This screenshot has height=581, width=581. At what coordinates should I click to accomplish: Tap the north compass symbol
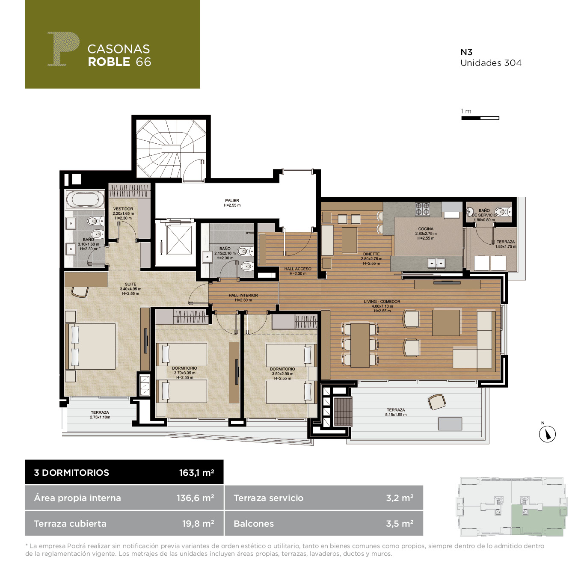[x=547, y=434]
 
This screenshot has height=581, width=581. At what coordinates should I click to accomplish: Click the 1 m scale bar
[x=480, y=118]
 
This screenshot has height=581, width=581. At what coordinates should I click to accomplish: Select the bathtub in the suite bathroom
[x=85, y=199]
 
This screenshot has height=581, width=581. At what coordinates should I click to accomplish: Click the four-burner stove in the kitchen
[x=422, y=209]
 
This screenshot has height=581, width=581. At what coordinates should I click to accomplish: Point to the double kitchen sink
[x=436, y=263]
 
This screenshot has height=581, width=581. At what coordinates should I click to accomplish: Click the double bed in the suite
[x=90, y=347]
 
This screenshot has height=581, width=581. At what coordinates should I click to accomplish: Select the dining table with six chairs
[x=360, y=345]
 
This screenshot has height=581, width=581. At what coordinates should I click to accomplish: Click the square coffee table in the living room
[x=446, y=323]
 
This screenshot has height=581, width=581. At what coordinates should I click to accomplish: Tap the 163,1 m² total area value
[x=196, y=472]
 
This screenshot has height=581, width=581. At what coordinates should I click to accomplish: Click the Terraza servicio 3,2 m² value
[x=400, y=498]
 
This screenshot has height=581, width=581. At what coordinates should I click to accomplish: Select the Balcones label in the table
[x=254, y=524]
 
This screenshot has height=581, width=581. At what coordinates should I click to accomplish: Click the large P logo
[x=64, y=48]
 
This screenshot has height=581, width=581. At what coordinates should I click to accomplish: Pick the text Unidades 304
[x=491, y=63]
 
